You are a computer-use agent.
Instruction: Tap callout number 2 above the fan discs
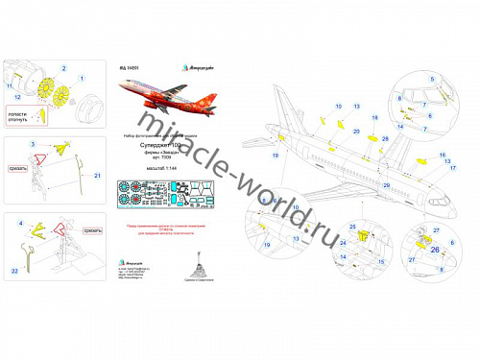point(65,70)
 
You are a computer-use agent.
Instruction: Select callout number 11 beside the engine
point(12,85)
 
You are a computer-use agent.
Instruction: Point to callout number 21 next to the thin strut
point(97,175)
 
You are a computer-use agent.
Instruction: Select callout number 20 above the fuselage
point(357,132)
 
